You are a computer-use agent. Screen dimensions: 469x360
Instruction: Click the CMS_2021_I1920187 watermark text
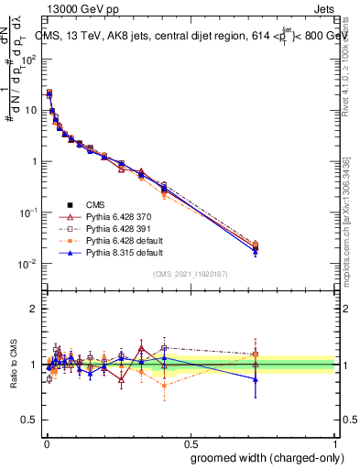click(191, 274)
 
